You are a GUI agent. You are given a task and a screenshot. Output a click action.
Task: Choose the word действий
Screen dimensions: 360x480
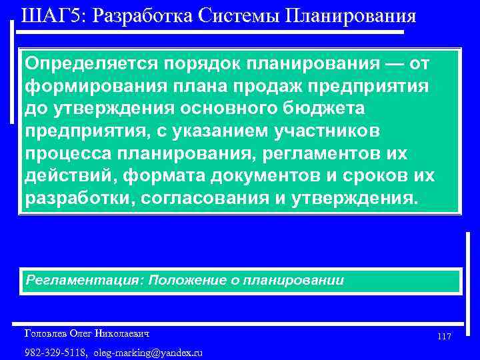pos(63,176)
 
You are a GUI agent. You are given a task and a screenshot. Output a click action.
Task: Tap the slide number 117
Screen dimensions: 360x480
pos(445,337)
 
